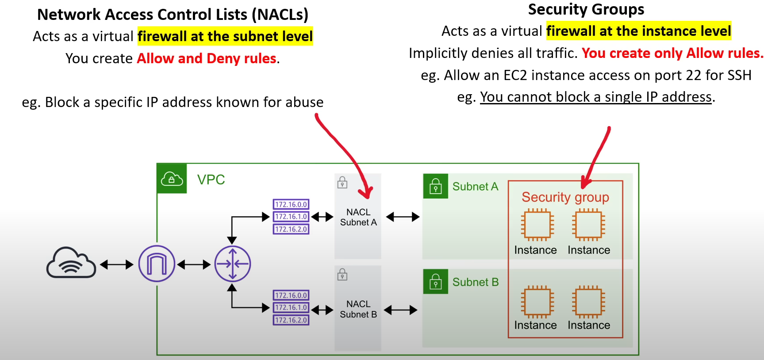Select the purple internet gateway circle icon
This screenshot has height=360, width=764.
click(x=157, y=264)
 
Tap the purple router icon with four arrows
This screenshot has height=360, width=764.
click(x=233, y=264)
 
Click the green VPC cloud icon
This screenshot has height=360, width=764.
click(x=172, y=179)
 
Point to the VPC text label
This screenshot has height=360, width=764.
click(x=211, y=180)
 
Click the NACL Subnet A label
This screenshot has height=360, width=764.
click(x=358, y=217)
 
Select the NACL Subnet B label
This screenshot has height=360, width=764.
click(x=358, y=309)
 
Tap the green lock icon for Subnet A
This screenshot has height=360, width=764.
click(x=435, y=186)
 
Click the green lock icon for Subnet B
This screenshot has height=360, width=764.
click(x=435, y=282)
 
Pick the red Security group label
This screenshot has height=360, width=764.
click(x=565, y=197)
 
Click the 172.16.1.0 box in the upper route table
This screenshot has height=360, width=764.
click(x=291, y=217)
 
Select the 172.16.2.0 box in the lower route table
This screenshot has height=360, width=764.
click(x=291, y=320)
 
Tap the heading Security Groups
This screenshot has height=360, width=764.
click(x=586, y=9)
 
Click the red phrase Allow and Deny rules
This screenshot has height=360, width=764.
click(x=207, y=58)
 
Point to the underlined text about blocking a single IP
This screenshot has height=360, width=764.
click(x=596, y=97)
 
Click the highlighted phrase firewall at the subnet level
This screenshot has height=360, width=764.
click(x=225, y=36)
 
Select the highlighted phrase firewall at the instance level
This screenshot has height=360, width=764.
click(x=638, y=31)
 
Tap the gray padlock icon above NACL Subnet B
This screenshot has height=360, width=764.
click(x=342, y=275)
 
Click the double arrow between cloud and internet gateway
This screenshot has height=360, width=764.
click(x=116, y=264)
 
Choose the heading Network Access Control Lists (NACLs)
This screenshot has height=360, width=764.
click(x=173, y=15)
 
